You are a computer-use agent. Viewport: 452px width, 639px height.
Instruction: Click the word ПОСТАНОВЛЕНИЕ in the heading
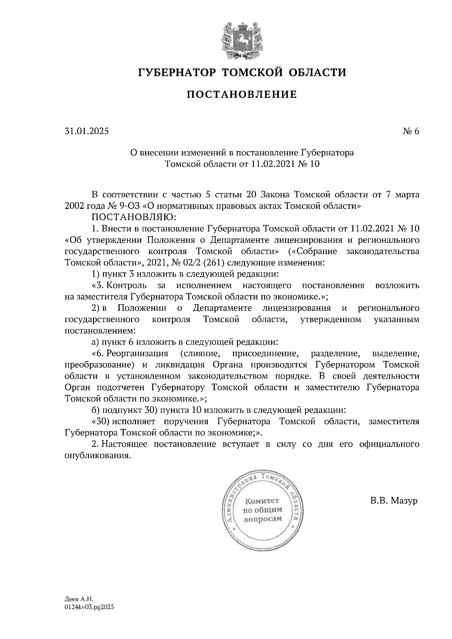coord(241,94)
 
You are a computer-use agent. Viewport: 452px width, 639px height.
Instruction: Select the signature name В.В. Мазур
coord(394,501)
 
